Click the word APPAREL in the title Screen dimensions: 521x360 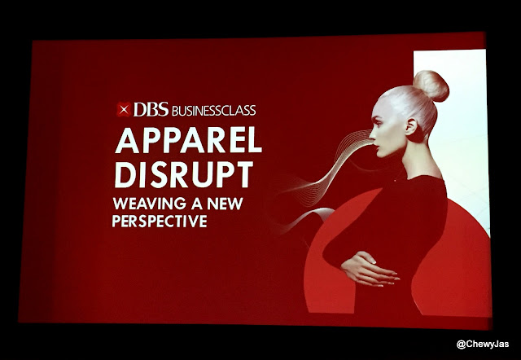point(188,140)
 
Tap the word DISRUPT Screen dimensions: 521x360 point(184,174)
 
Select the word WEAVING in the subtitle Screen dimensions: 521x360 point(150,204)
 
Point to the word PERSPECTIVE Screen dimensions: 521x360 point(160,221)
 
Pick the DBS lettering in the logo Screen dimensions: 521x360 point(151,109)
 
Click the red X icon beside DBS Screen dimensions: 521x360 point(124,109)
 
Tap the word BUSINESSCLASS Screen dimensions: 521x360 point(213,111)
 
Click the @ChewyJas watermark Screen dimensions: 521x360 point(483,344)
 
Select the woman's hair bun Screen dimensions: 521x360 point(431,86)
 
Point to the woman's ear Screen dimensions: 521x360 point(411,126)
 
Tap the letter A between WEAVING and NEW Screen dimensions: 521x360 point(197,204)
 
